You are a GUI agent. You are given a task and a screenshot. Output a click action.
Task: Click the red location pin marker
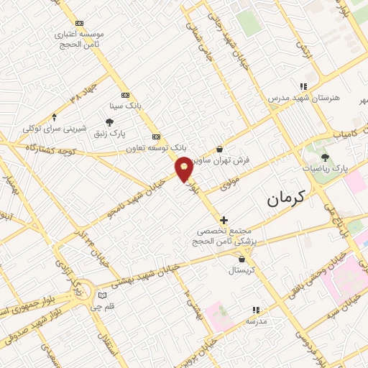click(x=184, y=168)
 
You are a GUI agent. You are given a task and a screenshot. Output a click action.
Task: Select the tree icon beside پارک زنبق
click(x=109, y=123)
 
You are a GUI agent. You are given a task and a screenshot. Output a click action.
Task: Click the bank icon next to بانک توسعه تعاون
click(x=156, y=137)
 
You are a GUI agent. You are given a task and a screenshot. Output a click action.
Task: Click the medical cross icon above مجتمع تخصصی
click(x=224, y=220)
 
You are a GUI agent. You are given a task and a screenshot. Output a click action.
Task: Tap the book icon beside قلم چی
click(x=102, y=295)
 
